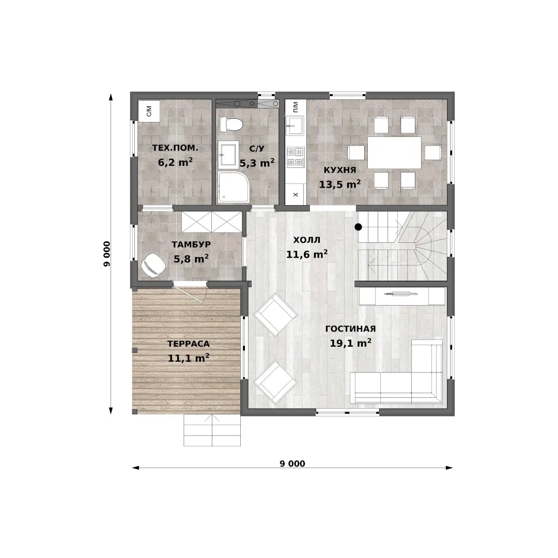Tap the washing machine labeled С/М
click(x=149, y=111)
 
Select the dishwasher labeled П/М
click(x=296, y=106)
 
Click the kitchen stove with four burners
click(x=296, y=157)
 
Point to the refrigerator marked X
click(x=296, y=194)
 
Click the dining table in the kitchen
click(x=394, y=152)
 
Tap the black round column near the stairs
click(x=359, y=227)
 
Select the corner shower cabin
click(x=233, y=187)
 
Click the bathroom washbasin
click(x=228, y=154)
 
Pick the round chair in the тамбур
click(x=153, y=265)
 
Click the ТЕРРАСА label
click(x=188, y=344)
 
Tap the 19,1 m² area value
click(x=350, y=343)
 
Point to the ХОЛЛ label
click(x=307, y=240)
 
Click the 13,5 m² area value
click(x=340, y=184)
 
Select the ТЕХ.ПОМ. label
click(x=175, y=148)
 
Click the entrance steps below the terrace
click(x=212, y=430)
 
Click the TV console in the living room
click(x=402, y=296)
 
